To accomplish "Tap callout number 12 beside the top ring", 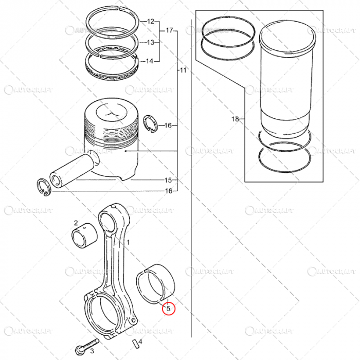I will pos(150,22).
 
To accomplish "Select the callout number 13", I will pos(150,42).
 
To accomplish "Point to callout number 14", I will pos(150,62).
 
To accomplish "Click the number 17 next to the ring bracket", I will pos(169,31).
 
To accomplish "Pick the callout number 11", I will pos(183,69).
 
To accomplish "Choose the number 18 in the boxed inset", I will pos(235,119).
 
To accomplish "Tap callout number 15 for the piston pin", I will pos(168,181).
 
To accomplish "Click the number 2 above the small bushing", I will pos(76,223).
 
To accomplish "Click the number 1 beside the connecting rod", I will pos(129,241).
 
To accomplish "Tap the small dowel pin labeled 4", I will pos(135,341).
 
